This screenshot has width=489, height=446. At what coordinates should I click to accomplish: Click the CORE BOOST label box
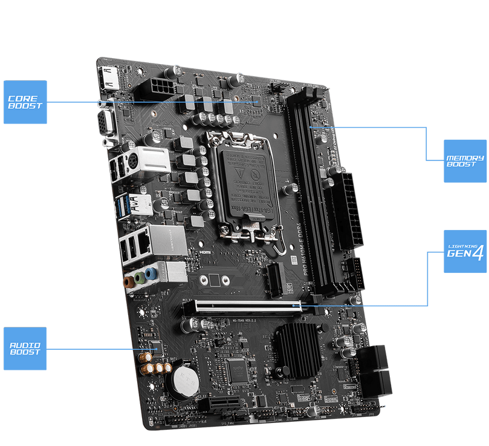[25, 102]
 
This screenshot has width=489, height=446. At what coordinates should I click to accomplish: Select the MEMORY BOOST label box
[465, 161]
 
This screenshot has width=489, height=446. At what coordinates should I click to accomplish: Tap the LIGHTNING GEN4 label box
[465, 251]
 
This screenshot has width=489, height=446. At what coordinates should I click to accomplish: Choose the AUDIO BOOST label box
[25, 349]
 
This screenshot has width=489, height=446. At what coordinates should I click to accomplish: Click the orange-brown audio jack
[128, 281]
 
